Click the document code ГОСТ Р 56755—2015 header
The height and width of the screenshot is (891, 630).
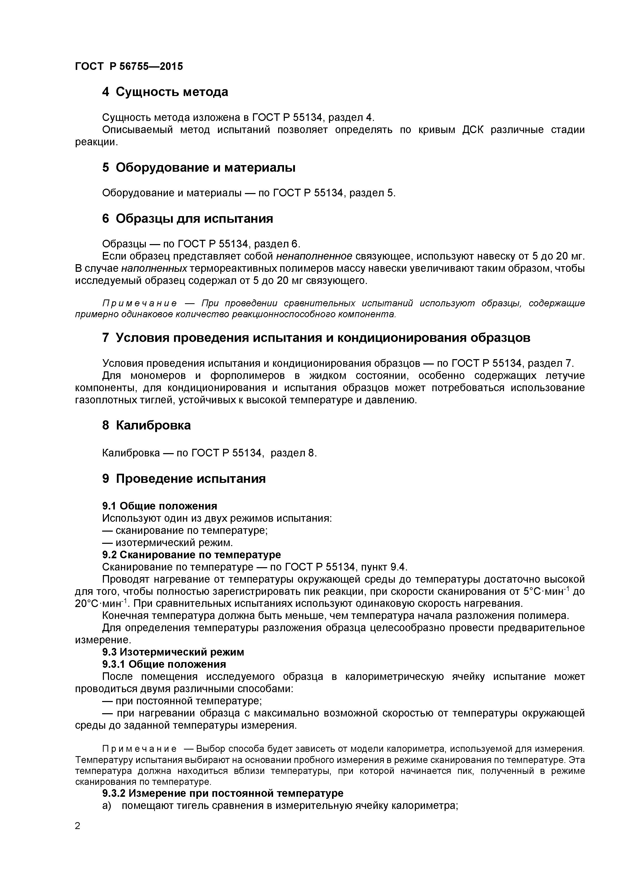coord(129,66)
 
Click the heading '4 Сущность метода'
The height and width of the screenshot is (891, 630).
coord(165,92)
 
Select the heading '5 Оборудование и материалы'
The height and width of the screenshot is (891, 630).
coord(198,168)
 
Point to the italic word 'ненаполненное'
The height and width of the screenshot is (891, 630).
coord(314,256)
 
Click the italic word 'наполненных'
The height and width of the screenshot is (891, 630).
coord(154,268)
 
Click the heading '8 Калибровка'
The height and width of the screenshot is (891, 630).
coord(146,425)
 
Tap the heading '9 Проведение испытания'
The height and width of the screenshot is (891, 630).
coord(184,479)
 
